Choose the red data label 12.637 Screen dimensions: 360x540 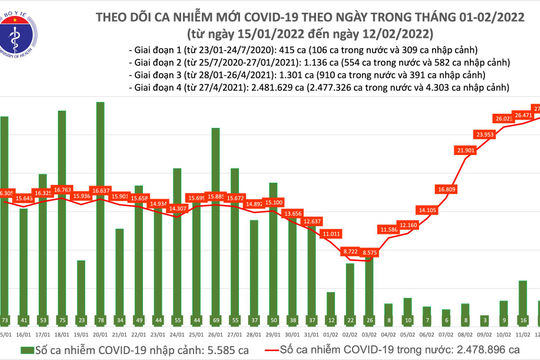313,220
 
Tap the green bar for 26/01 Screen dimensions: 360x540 216,215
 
